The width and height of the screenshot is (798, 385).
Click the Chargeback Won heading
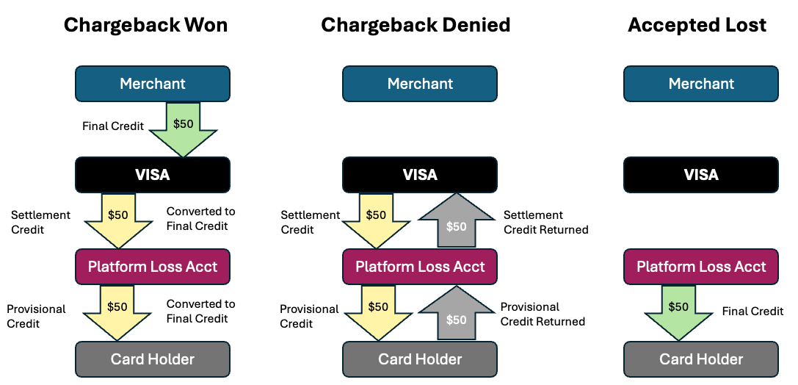click(x=145, y=25)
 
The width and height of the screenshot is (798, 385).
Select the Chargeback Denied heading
click(x=416, y=25)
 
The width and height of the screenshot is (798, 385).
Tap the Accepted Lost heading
click(x=697, y=25)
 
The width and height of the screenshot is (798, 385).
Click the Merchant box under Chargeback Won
click(x=153, y=84)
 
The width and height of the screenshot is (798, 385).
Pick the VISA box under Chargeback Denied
click(x=420, y=175)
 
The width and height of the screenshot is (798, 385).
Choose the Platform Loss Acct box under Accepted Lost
click(x=701, y=267)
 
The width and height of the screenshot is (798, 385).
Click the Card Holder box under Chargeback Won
click(x=153, y=359)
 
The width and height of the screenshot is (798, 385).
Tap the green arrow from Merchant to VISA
click(x=183, y=128)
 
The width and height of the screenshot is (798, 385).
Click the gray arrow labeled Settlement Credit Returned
click(x=456, y=223)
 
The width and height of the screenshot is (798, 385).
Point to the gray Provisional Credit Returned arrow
click(x=456, y=314)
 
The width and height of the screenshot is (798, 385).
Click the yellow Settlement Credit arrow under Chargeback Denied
click(x=376, y=219)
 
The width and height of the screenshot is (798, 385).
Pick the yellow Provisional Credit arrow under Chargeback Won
click(x=117, y=311)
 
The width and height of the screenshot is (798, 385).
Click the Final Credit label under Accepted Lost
click(x=752, y=311)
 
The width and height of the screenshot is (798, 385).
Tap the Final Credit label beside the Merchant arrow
click(x=112, y=126)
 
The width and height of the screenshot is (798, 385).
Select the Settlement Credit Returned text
click(x=545, y=223)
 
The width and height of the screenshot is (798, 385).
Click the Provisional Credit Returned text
click(x=543, y=314)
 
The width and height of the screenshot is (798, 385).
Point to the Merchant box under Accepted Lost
click(x=701, y=84)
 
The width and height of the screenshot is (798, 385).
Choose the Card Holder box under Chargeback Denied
click(x=420, y=359)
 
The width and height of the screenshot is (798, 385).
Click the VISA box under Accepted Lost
click(x=701, y=175)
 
